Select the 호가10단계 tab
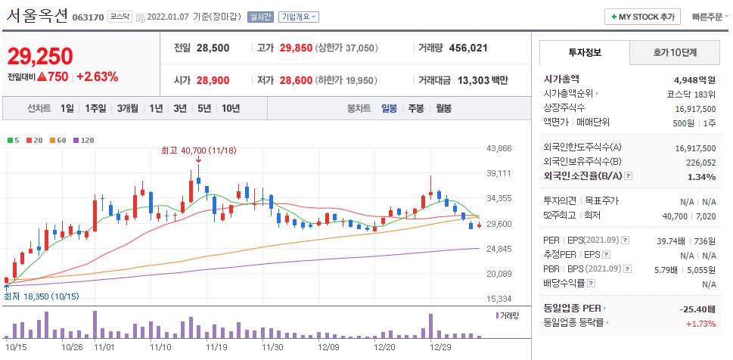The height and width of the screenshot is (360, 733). (675, 52)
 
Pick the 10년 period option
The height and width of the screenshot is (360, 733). (231, 108)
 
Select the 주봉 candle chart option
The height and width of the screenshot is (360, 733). (416, 108)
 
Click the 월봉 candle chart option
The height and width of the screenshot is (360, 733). (443, 108)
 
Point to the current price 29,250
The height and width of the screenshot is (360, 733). (40, 56)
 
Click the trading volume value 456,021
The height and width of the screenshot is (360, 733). (468, 48)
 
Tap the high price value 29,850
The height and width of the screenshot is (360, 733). (296, 48)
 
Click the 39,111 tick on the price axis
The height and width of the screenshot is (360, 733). (500, 173)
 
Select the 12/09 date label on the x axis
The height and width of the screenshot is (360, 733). (328, 346)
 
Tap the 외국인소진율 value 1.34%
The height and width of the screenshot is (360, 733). (701, 177)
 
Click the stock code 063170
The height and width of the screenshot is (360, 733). (88, 17)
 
